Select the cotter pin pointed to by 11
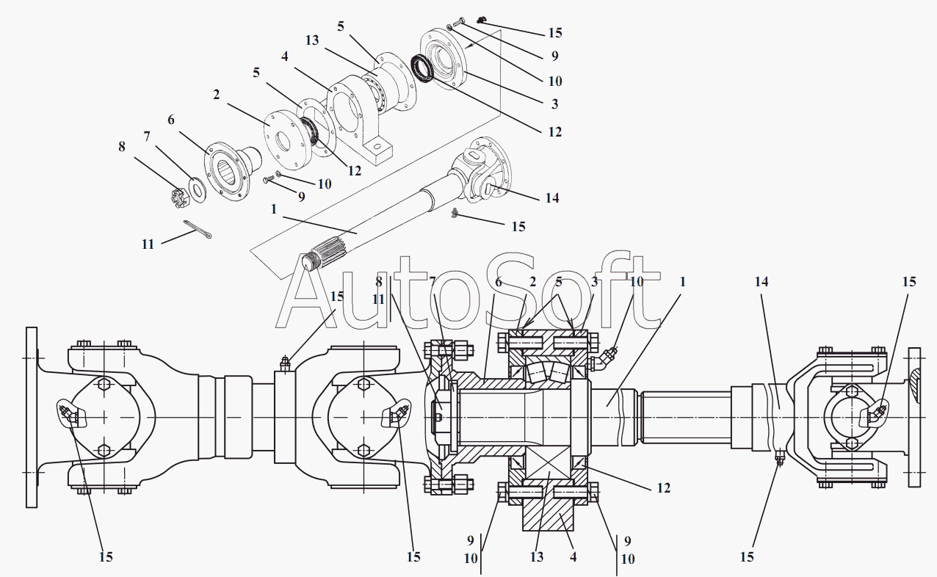(x=198, y=230)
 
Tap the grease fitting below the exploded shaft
(x=455, y=214)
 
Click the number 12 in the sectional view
(x=663, y=487)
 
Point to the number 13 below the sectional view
(x=536, y=556)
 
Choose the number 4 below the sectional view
(x=573, y=556)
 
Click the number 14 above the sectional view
(x=761, y=281)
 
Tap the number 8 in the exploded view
(x=121, y=146)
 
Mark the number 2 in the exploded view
(x=216, y=95)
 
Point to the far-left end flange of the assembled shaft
(x=32, y=417)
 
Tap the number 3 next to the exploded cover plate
(x=554, y=104)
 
